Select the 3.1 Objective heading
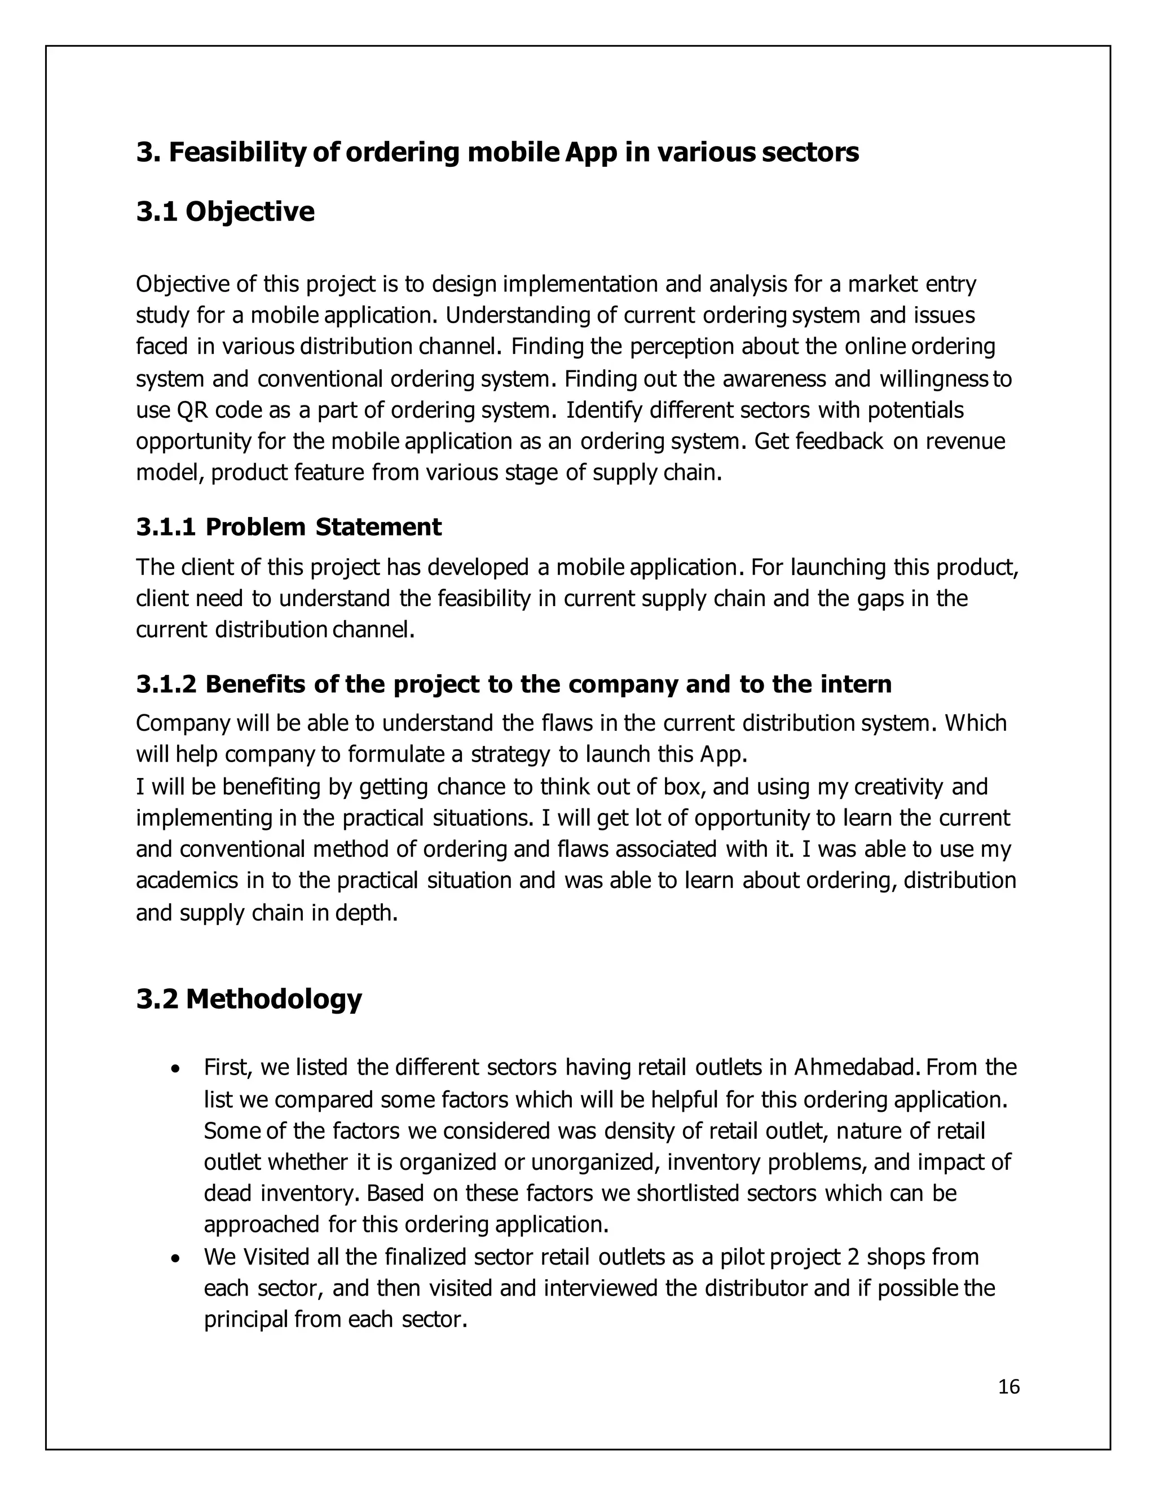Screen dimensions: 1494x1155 point(225,212)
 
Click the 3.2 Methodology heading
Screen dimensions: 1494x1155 point(249,999)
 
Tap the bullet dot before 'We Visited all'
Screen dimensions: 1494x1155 point(177,1258)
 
